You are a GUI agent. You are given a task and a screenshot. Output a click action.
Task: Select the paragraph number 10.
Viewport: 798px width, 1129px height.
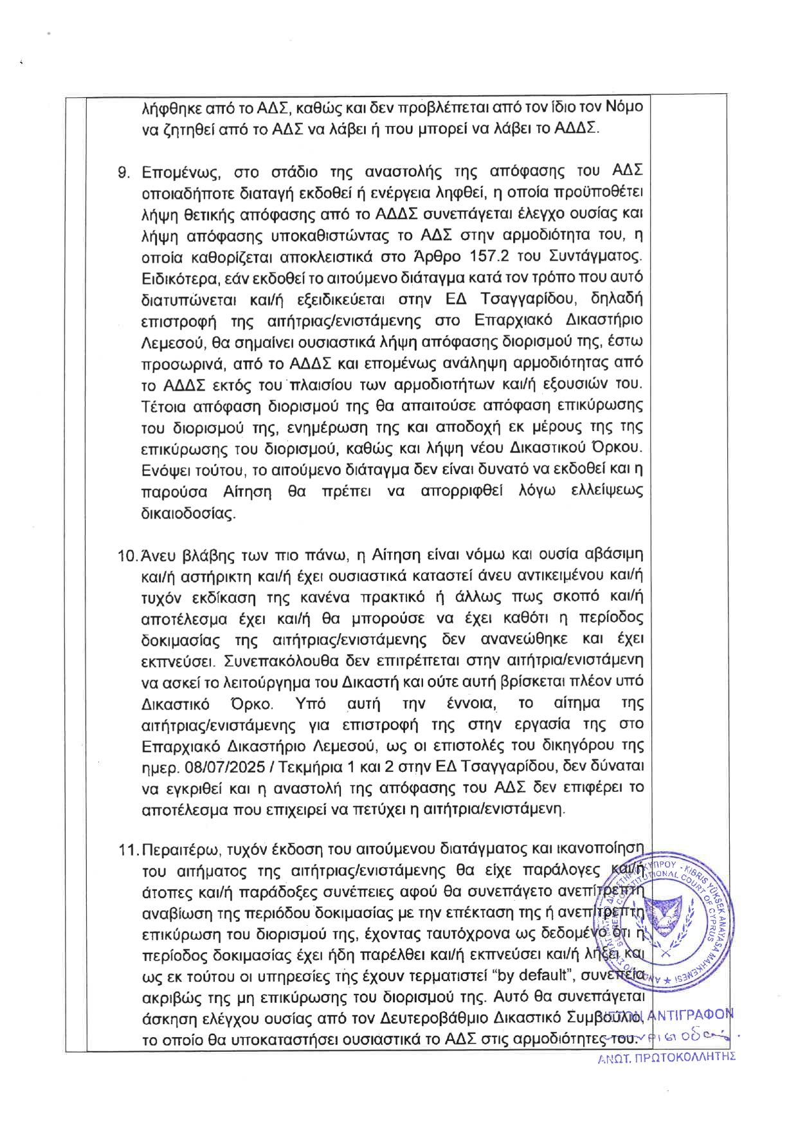[126, 555]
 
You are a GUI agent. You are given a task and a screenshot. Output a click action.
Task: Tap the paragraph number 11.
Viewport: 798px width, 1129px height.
[127, 850]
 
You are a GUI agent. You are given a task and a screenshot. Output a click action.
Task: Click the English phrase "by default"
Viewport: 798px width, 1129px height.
[536, 977]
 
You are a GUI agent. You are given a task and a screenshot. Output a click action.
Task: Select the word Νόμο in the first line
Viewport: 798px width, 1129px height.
[624, 107]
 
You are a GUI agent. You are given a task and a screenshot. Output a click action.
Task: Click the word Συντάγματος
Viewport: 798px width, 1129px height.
[595, 257]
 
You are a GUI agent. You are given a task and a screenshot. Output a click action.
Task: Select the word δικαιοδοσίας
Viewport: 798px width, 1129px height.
[188, 514]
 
